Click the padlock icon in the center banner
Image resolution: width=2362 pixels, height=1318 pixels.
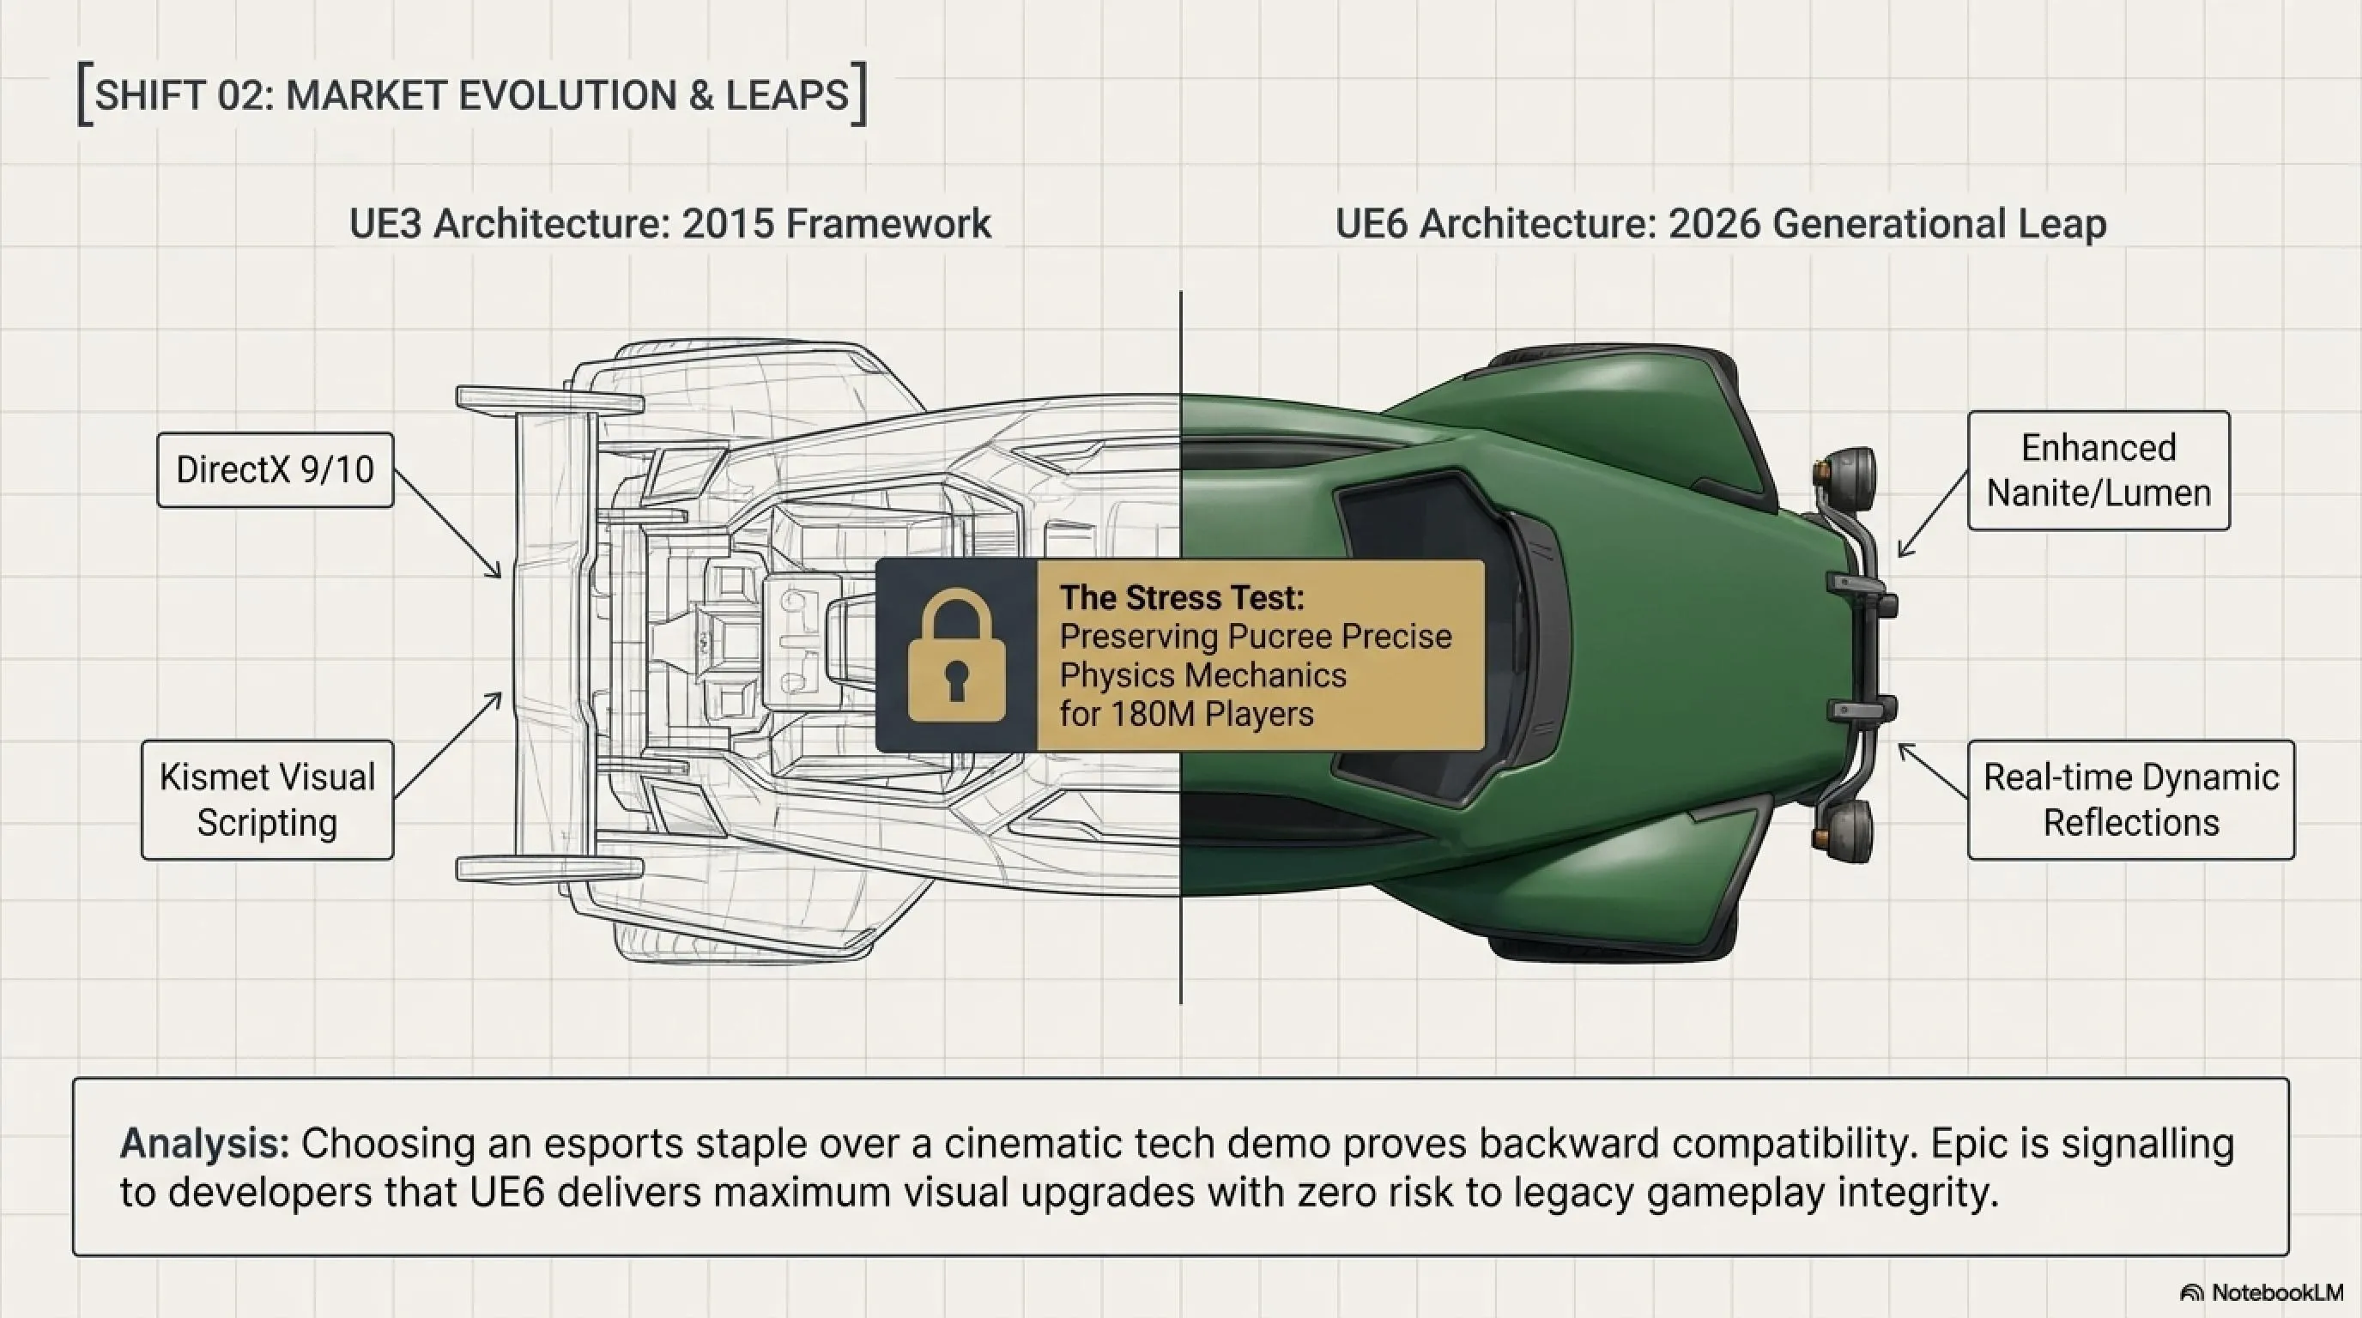[x=956, y=655]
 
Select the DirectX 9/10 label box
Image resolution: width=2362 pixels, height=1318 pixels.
[x=275, y=470]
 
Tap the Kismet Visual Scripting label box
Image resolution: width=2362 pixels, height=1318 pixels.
[x=268, y=799]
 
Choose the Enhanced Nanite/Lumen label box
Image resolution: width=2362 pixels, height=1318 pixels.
[x=2099, y=470]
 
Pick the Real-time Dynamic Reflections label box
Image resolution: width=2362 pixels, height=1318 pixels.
[x=2131, y=799]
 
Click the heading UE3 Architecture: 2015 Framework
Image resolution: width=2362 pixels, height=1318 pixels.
[x=670, y=224]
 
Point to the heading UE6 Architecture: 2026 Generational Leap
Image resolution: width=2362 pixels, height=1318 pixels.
[x=1720, y=224]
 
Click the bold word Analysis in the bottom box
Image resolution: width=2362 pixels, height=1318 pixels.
[x=204, y=1144]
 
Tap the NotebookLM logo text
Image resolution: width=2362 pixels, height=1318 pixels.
[x=2277, y=1292]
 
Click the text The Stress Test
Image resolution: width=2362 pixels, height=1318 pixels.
[x=1182, y=597]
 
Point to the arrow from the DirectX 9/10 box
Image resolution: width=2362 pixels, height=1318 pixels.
[x=447, y=524]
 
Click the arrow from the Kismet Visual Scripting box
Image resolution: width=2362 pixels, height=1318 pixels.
[x=447, y=745]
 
